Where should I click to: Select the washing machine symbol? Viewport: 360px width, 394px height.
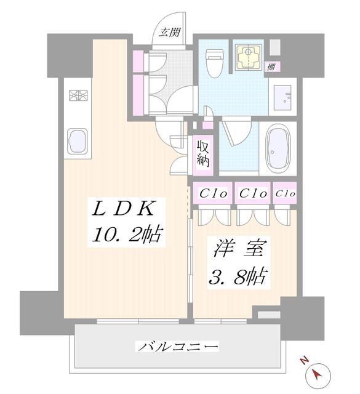250,57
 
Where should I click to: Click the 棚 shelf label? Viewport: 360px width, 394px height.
271,66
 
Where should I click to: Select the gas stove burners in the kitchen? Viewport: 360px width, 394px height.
78,97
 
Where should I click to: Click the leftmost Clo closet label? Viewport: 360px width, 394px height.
214,193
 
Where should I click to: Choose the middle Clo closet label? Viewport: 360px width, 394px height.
252,193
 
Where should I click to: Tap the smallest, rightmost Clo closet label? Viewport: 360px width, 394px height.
286,193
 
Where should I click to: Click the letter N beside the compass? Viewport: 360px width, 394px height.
303,361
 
